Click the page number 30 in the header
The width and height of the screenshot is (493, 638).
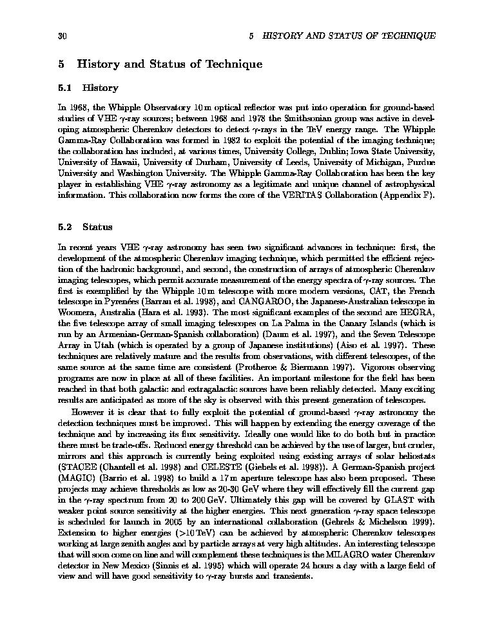pyautogui.click(x=63, y=35)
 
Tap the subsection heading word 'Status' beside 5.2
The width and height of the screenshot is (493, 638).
pyautogui.click(x=97, y=227)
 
